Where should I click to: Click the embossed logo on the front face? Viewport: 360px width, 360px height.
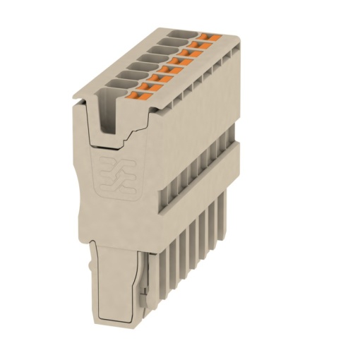click(x=112, y=172)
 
